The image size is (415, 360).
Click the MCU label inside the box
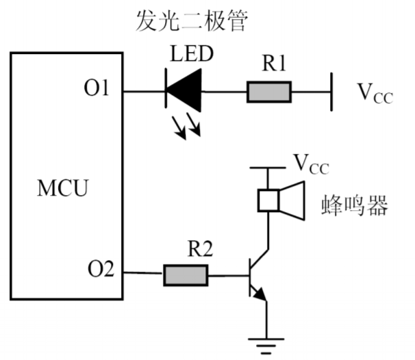coord(62,188)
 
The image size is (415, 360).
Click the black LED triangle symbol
coord(184,91)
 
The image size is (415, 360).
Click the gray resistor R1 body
coord(269,91)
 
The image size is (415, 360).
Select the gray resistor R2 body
coord(185,275)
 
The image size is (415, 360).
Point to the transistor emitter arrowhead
coord(259,296)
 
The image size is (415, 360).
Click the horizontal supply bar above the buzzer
coord(267,167)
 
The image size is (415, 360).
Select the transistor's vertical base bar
coord(249,275)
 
